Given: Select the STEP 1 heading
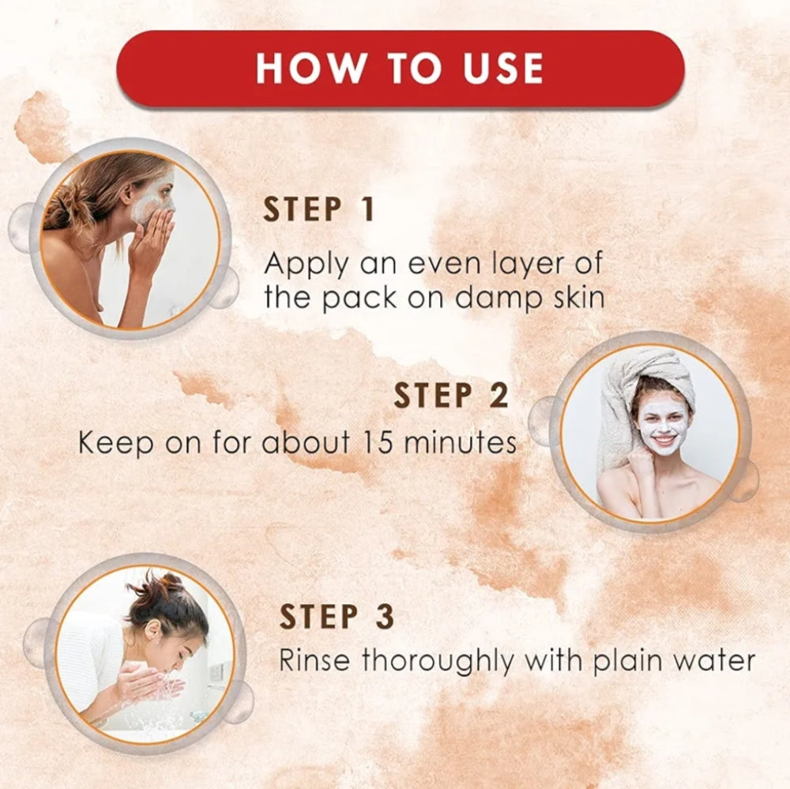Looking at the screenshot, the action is click(x=319, y=210).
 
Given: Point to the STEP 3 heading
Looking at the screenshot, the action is click(x=337, y=616).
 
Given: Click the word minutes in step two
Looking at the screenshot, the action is click(x=460, y=442).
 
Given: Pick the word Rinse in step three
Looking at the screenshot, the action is click(x=314, y=660).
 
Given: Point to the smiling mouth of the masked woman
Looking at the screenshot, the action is click(x=664, y=440).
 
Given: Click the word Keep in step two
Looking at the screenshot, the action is click(x=115, y=444).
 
